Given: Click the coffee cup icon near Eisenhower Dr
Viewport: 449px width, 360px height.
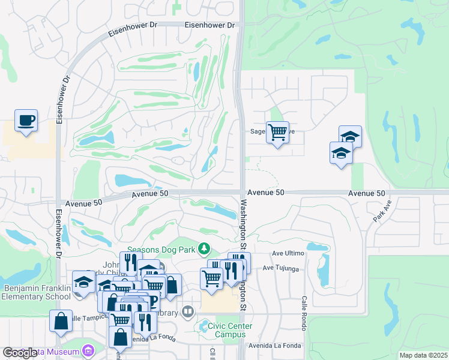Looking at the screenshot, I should point(26,121).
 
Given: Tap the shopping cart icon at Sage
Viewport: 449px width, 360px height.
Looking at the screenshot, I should point(277,132).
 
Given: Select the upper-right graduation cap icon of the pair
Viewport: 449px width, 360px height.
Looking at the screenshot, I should point(350,137).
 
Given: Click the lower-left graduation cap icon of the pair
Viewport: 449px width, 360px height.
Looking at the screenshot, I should point(341,153).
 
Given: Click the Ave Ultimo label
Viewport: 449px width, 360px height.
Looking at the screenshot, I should point(288,254).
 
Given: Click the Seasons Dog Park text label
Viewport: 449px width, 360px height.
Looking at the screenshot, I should point(162,247).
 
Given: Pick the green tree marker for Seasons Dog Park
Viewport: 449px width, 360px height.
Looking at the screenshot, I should point(205,248).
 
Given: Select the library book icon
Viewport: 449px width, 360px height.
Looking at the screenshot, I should point(188,311).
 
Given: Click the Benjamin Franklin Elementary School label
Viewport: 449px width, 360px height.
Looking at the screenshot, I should point(37,292).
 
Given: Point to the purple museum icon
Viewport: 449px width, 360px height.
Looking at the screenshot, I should point(89,350).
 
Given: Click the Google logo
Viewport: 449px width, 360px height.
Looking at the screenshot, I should point(19,352).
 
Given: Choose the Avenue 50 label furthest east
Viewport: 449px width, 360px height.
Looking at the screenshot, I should point(366,193).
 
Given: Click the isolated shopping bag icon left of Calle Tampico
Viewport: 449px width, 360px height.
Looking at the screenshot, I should point(61,321).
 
